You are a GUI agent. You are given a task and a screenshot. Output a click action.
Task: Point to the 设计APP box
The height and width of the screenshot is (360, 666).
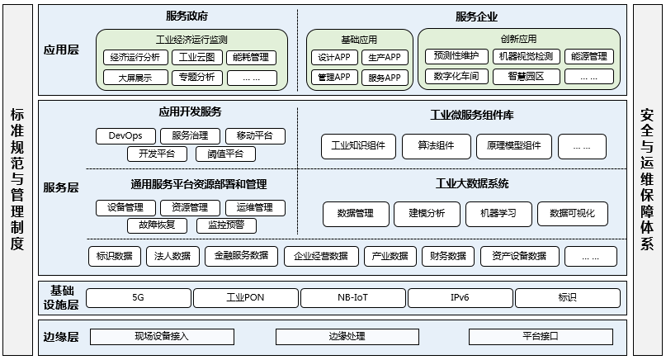(x=333, y=57)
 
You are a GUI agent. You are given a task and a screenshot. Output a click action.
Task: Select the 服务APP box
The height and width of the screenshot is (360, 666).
(x=384, y=78)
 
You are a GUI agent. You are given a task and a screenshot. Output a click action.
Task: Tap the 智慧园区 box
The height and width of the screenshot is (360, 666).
(x=527, y=77)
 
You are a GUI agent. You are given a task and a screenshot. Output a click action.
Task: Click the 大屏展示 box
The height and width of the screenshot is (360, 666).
(x=135, y=78)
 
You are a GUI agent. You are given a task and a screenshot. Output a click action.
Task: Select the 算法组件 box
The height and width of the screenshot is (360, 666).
(x=436, y=146)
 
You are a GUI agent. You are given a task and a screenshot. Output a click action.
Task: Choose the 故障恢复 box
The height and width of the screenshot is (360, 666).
(x=157, y=225)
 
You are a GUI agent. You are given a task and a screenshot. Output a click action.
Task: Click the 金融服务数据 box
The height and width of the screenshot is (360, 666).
(x=241, y=256)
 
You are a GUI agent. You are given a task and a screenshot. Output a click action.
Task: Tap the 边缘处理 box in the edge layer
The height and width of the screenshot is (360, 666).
(x=347, y=336)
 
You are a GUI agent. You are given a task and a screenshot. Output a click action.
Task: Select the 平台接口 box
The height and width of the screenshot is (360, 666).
(x=541, y=336)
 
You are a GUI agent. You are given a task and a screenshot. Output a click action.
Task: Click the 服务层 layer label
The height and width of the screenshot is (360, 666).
(x=62, y=187)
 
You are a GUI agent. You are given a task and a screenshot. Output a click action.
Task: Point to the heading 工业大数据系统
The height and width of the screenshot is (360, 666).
(x=471, y=183)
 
